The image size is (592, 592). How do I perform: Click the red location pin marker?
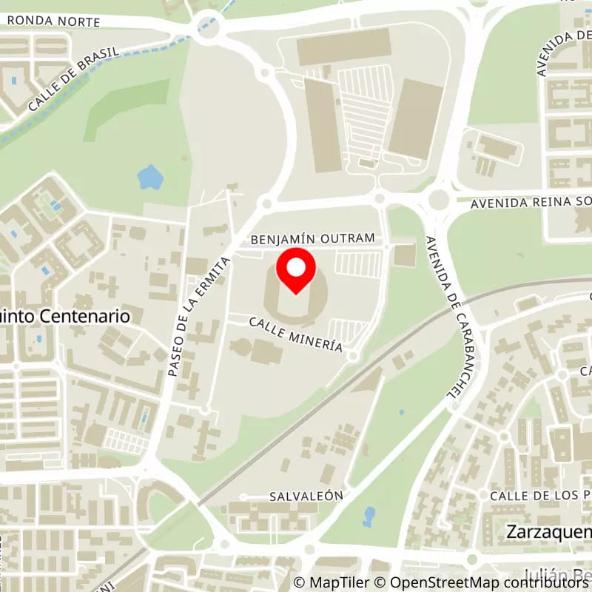tap(296, 271)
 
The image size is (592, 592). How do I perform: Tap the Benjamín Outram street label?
tap(318, 239)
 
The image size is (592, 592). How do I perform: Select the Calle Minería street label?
tap(296, 334)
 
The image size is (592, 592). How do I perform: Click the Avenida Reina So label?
tap(533, 201)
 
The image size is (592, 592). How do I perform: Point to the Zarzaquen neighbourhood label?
tap(548, 531)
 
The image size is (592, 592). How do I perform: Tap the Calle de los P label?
tap(540, 494)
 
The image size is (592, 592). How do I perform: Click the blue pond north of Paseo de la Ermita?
tap(149, 177)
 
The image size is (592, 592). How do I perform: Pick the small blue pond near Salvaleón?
tap(369, 517)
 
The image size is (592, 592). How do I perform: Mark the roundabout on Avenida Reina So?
tap(439, 200)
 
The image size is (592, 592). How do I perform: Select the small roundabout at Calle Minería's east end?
tap(353, 357)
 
